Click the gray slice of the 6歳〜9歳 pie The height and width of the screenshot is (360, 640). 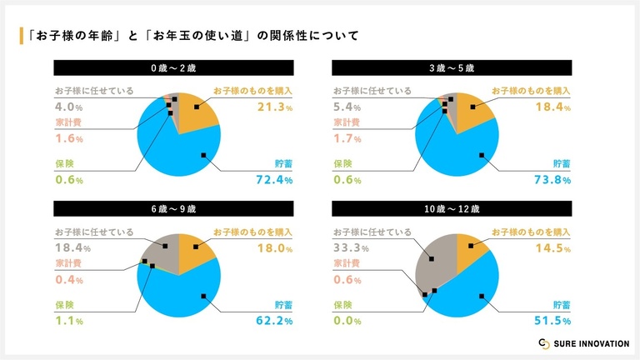[x=160, y=254]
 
